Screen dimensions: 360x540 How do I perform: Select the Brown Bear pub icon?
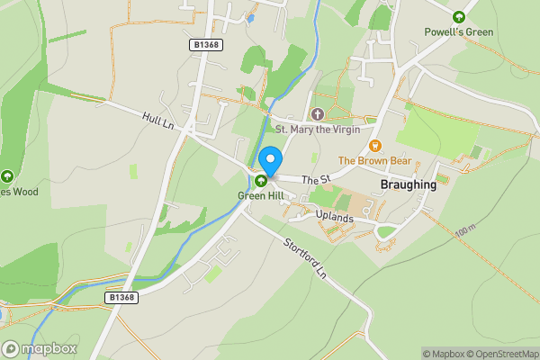pyautogui.click(x=375, y=146)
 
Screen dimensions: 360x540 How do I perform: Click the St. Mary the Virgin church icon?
pyautogui.click(x=317, y=114)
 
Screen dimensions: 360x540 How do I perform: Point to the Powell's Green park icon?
pyautogui.click(x=459, y=17)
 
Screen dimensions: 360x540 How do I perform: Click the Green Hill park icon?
pyautogui.click(x=261, y=180)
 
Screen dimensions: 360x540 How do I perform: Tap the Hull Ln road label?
pyautogui.click(x=157, y=120)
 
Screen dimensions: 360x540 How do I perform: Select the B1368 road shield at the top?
pyautogui.click(x=206, y=44)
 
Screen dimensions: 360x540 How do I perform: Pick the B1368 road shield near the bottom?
pyautogui.click(x=121, y=296)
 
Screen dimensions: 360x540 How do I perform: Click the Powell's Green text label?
pyautogui.click(x=459, y=32)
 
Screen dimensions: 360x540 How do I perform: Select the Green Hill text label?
pyautogui.click(x=261, y=194)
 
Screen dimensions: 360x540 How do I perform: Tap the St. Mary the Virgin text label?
pyautogui.click(x=317, y=130)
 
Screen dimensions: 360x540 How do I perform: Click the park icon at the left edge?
pyautogui.click(x=7, y=176)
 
